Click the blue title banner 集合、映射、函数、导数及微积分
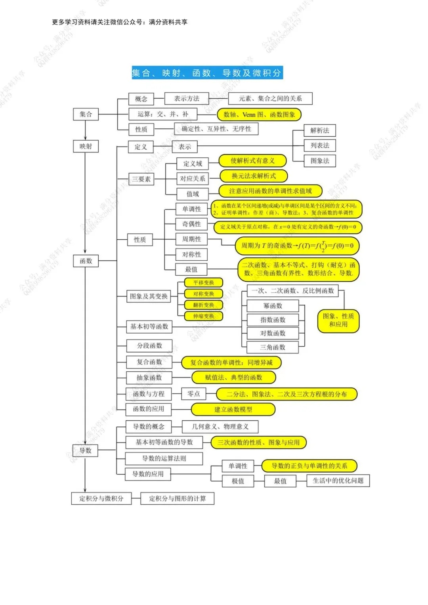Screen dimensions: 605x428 pyautogui.click(x=207, y=73)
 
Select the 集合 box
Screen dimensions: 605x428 pyautogui.click(x=86, y=114)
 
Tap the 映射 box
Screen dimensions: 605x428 pyautogui.click(x=86, y=146)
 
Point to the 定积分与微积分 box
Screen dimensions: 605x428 pyautogui.click(x=101, y=498)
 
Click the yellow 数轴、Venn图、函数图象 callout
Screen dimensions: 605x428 pyautogui.click(x=259, y=115)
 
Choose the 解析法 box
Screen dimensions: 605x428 pyautogui.click(x=320, y=130)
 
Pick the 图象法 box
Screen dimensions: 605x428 pyautogui.click(x=320, y=161)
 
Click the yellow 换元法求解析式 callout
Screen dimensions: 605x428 pyautogui.click(x=254, y=176)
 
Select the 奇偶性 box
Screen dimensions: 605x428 pyautogui.click(x=191, y=224)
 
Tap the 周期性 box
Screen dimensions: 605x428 pyautogui.click(x=191, y=239)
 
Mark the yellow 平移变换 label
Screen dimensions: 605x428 pyautogui.click(x=204, y=282)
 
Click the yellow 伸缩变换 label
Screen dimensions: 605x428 pyautogui.click(x=204, y=316)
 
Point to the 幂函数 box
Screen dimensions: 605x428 pyautogui.click(x=273, y=306)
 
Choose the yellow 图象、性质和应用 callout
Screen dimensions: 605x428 pyautogui.click(x=338, y=320)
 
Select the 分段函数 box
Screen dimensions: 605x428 pyautogui.click(x=149, y=345)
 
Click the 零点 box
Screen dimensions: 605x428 pyautogui.click(x=194, y=393)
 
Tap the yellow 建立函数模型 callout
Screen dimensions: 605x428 pyautogui.click(x=233, y=409)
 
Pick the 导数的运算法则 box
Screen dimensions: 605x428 pyautogui.click(x=164, y=458)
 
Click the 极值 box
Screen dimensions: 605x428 pyautogui.click(x=238, y=481)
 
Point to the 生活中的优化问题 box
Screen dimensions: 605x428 pyautogui.click(x=338, y=481)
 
